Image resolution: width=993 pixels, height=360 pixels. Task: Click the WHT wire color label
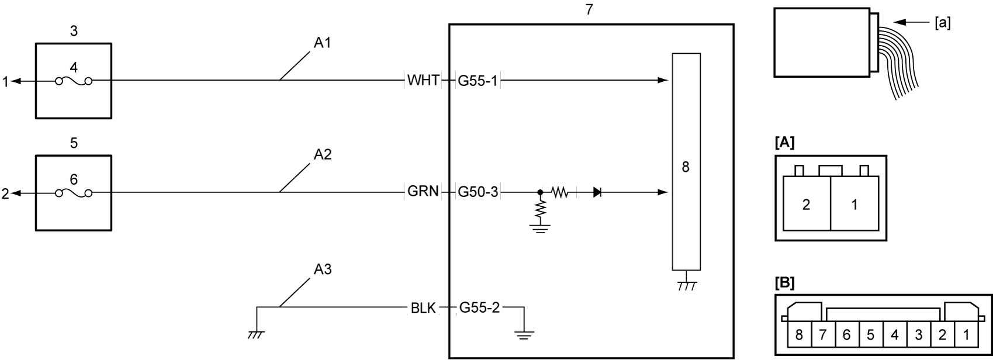pyautogui.click(x=423, y=81)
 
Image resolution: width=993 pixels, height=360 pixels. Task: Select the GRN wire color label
pyautogui.click(x=423, y=192)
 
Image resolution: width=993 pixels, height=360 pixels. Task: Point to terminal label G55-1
pyautogui.click(x=478, y=81)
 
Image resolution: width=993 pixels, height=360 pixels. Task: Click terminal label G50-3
pyautogui.click(x=478, y=192)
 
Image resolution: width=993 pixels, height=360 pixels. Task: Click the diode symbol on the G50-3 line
pyautogui.click(x=597, y=192)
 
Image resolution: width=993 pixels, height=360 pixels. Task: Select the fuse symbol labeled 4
pyautogui.click(x=74, y=82)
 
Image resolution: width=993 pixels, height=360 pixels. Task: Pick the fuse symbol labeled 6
pyautogui.click(x=74, y=193)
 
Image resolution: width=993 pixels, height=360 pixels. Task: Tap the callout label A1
pyautogui.click(x=322, y=43)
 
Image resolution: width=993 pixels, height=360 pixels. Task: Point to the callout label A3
pyautogui.click(x=322, y=269)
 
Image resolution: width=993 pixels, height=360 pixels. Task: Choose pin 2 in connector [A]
pyautogui.click(x=807, y=205)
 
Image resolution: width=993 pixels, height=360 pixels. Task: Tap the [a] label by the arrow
pyautogui.click(x=942, y=23)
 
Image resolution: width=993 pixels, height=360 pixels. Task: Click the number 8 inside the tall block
pyautogui.click(x=686, y=167)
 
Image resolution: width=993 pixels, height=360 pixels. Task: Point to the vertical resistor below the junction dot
pyautogui.click(x=540, y=210)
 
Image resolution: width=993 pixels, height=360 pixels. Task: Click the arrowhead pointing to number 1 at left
pyautogui.click(x=16, y=81)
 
